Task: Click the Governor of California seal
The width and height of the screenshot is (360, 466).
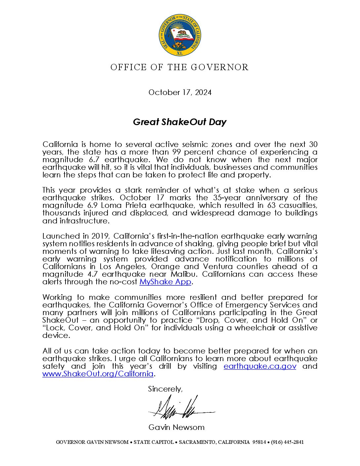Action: (x=180, y=35)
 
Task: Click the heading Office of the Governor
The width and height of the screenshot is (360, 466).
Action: (x=179, y=67)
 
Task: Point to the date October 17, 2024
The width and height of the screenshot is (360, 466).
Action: (x=180, y=92)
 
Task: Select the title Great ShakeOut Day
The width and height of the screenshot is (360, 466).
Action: (x=180, y=122)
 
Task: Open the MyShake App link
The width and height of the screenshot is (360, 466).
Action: (x=165, y=282)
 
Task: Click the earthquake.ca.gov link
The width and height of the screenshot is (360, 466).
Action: (x=260, y=366)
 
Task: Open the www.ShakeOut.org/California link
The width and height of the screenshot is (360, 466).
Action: (x=98, y=374)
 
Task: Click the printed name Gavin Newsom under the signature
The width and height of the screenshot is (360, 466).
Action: (x=176, y=427)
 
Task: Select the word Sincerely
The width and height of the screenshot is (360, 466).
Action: (x=165, y=389)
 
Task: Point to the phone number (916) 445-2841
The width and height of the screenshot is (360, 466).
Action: (x=287, y=442)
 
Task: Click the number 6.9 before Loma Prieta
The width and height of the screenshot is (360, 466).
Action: (x=94, y=206)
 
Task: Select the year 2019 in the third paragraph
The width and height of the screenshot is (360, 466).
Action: (x=101, y=236)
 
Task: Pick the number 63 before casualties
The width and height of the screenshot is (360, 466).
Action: (x=264, y=206)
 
